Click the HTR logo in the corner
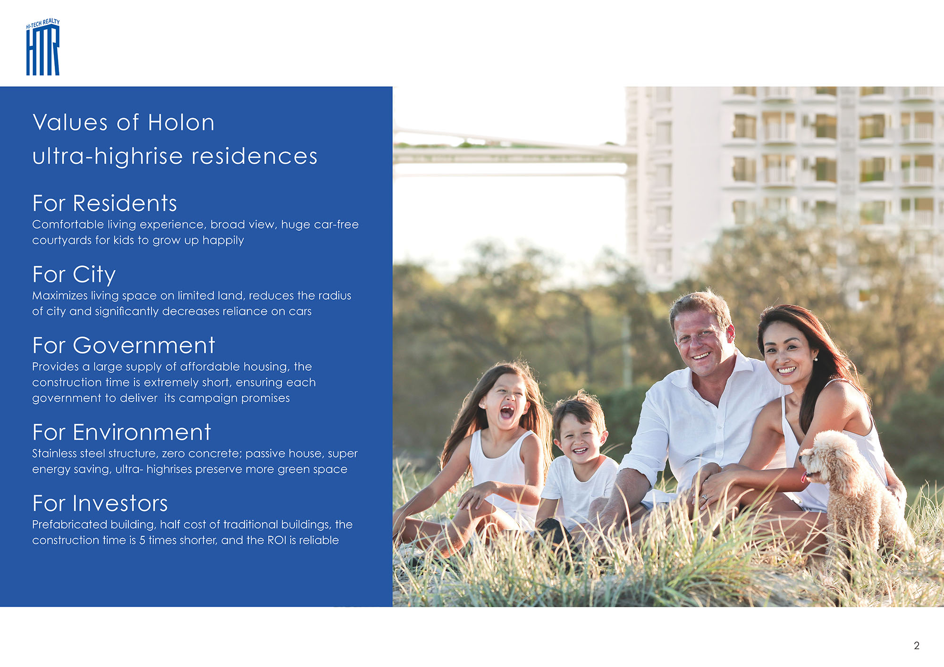43,47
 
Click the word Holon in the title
181,123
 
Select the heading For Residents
105,203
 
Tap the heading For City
74,275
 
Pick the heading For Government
124,345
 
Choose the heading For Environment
122,432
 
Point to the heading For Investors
100,503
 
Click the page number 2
917,646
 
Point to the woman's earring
815,359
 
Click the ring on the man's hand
705,497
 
